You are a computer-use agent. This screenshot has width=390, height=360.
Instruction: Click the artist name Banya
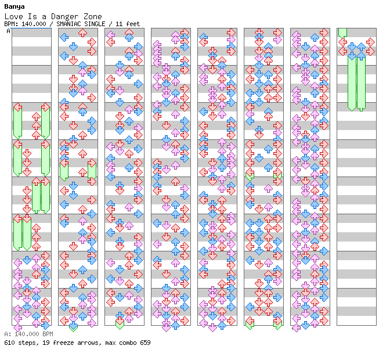(15, 7)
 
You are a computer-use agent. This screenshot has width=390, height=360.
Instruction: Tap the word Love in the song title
(14, 17)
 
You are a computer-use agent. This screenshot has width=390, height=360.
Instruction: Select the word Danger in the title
(64, 17)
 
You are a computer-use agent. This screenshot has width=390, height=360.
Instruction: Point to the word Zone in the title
(92, 17)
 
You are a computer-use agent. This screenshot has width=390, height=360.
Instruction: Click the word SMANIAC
(68, 24)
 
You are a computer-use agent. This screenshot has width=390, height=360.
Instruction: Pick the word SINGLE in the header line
(95, 24)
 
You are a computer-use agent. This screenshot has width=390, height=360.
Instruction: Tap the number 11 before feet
(119, 24)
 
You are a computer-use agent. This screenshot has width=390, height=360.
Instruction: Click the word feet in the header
(133, 24)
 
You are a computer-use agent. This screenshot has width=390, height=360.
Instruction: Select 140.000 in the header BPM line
(34, 24)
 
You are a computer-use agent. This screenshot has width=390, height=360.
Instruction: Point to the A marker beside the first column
(9, 31)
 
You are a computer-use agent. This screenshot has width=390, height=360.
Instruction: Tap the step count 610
(9, 343)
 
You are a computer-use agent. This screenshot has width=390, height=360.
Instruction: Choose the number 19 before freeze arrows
(46, 343)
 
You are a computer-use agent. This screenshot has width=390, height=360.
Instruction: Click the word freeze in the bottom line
(63, 343)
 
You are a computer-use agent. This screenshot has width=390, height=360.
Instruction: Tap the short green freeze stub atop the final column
(342, 33)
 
